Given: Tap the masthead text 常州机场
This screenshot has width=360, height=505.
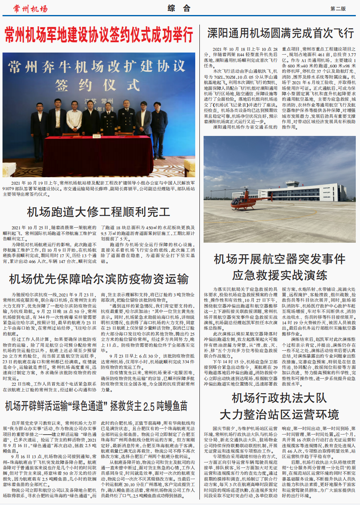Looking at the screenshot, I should pyautogui.click(x=30, y=9).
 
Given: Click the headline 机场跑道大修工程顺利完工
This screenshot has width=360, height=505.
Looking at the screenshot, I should pyautogui.click(x=98, y=212).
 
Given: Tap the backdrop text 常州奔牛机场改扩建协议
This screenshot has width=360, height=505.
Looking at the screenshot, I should pyautogui.click(x=98, y=66).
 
